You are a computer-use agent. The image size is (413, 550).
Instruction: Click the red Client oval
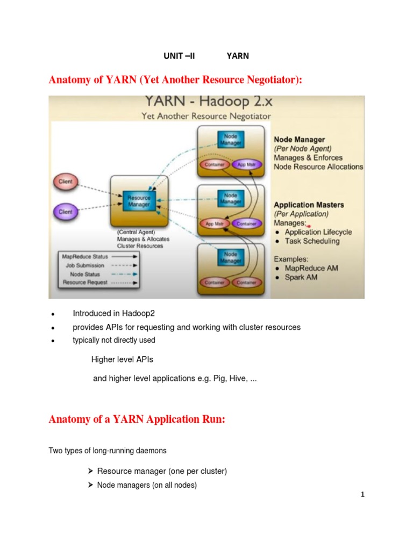65,182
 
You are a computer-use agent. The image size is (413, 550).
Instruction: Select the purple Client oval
65,212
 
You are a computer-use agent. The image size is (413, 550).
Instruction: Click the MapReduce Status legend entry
84,257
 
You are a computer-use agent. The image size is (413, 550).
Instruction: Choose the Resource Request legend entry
85,281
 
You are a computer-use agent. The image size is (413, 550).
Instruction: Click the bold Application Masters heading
309,205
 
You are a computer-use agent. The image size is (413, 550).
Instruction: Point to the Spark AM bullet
301,277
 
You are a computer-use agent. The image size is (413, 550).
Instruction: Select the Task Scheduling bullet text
312,241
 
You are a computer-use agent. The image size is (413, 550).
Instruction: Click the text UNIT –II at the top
179,56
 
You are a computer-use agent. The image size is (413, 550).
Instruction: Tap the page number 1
363,495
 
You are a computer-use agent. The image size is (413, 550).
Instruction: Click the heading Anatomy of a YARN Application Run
137,419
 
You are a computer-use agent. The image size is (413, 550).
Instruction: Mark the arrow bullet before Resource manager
90,471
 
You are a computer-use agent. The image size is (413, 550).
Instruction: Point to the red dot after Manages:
309,226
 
